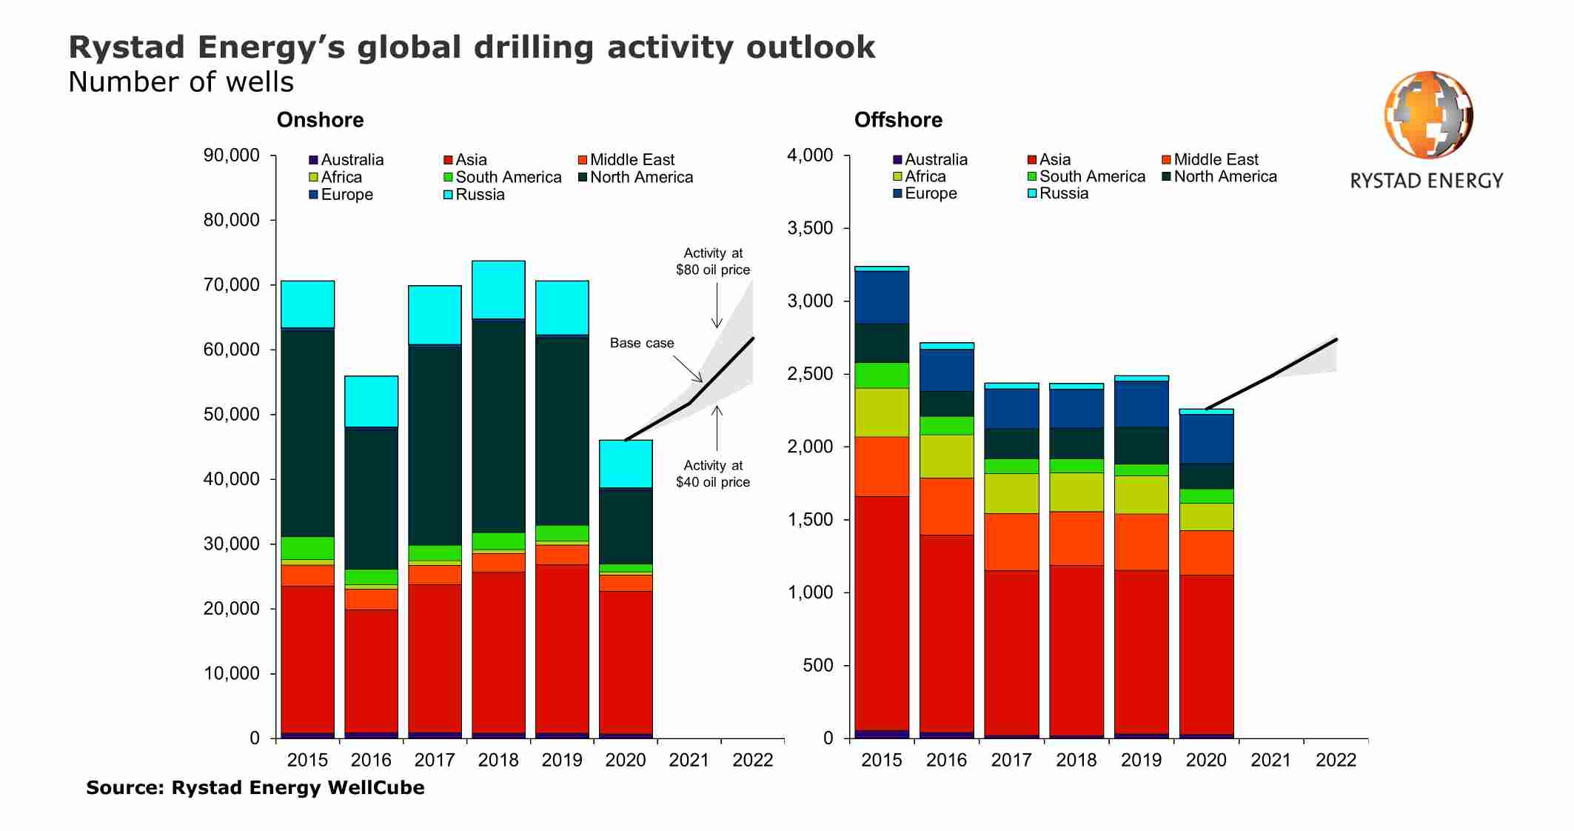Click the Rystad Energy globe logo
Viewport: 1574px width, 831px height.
tap(1428, 115)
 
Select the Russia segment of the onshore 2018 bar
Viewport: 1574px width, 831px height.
tap(498, 290)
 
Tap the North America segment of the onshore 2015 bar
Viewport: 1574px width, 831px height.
tap(307, 433)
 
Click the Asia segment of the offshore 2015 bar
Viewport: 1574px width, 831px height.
tap(881, 613)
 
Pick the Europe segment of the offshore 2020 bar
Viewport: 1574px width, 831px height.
tap(1206, 438)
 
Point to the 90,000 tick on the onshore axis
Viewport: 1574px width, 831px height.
tap(232, 156)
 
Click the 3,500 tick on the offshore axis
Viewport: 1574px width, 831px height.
tap(810, 228)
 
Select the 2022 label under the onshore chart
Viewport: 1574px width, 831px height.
tap(752, 760)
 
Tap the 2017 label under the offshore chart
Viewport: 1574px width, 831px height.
tap(1011, 760)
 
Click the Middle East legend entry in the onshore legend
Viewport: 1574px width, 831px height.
tap(632, 160)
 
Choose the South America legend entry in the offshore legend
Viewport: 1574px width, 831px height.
tap(1091, 176)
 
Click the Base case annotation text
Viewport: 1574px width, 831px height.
tap(642, 343)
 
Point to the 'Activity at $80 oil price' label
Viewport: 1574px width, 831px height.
tap(712, 261)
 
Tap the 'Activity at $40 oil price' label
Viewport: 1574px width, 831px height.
tap(712, 473)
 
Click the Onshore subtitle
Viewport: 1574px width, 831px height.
tap(320, 120)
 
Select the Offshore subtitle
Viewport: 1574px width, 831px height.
tap(898, 120)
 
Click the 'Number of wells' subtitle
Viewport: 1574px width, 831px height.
tap(181, 82)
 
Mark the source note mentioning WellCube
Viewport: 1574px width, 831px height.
tap(255, 787)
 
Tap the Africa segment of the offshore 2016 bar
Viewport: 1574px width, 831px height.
tap(946, 456)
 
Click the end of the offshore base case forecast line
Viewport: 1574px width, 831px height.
tap(1336, 339)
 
